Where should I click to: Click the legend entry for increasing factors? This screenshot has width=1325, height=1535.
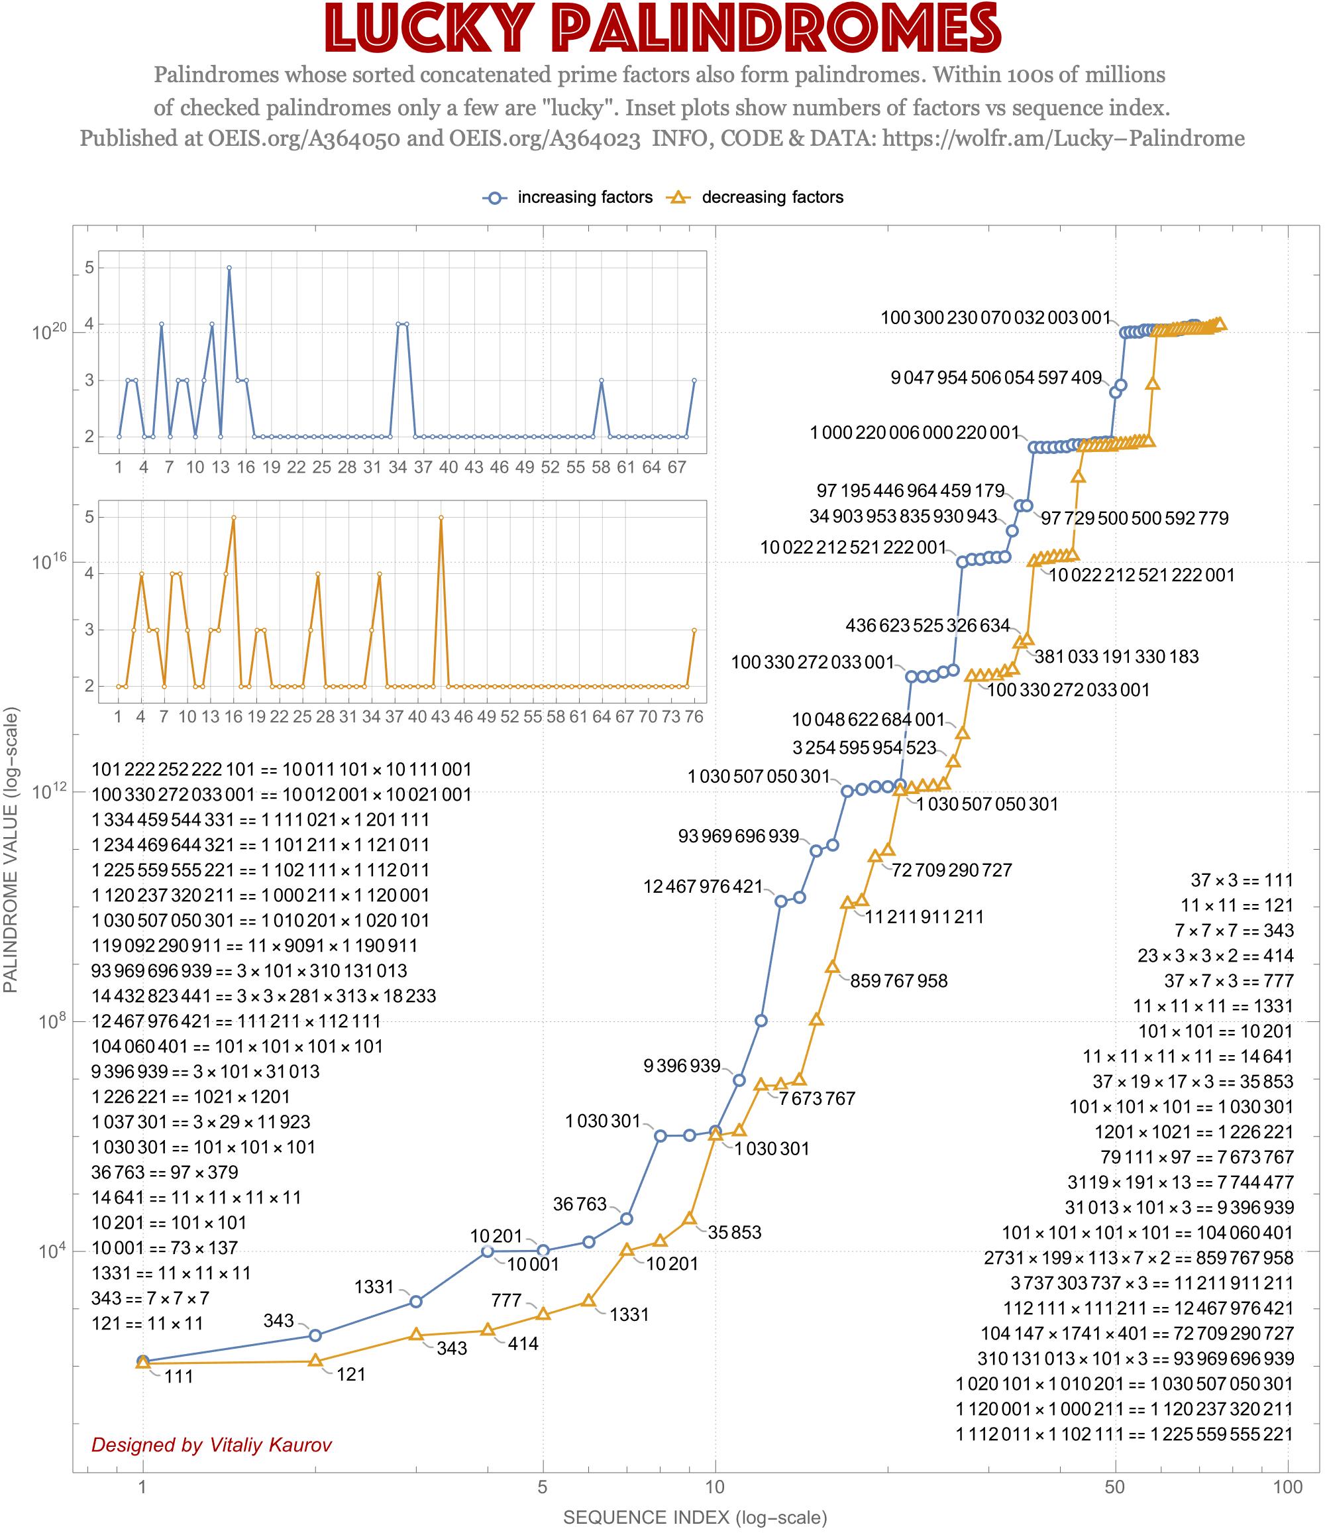(x=584, y=198)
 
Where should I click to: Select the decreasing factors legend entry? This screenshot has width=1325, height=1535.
(x=772, y=198)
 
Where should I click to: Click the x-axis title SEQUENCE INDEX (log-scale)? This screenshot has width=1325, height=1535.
(x=695, y=1517)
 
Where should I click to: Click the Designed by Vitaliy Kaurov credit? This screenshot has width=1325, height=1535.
(x=212, y=1445)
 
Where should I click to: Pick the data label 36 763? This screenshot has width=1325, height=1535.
(x=580, y=1204)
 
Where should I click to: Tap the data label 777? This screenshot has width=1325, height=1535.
(x=507, y=1300)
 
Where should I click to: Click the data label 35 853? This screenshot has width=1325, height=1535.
(x=735, y=1232)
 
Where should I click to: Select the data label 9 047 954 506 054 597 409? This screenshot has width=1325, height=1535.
(x=996, y=378)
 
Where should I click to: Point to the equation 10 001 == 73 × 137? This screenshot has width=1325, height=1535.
(x=165, y=1247)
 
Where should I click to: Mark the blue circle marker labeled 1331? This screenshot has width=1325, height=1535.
(x=416, y=1302)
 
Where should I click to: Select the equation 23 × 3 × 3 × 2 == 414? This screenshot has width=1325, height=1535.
(x=1216, y=956)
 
